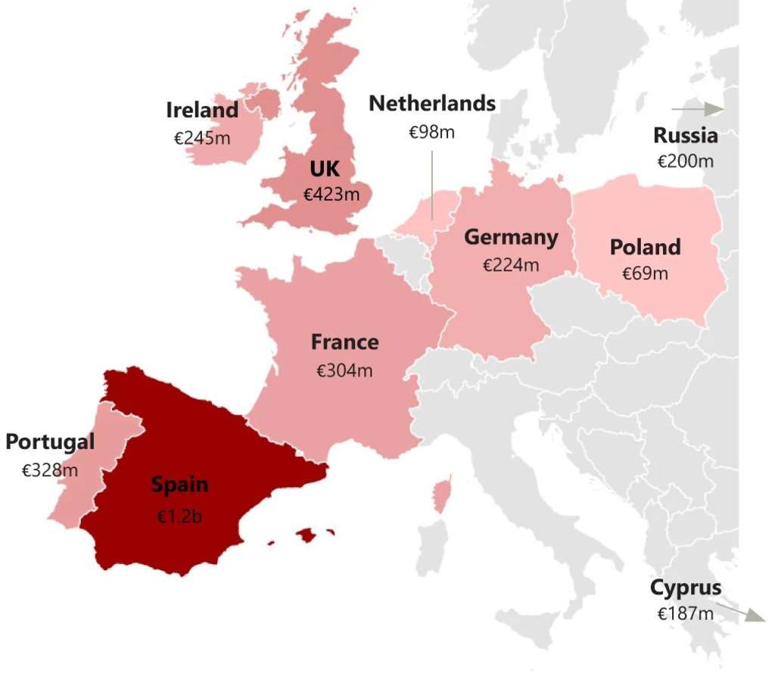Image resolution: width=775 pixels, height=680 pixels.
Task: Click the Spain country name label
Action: [179, 485]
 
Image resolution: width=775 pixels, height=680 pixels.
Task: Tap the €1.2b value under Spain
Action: [179, 516]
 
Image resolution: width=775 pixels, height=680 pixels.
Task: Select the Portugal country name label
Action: [50, 441]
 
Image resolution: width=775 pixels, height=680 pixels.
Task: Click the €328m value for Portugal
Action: [50, 470]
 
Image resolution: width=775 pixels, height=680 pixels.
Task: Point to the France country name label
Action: [344, 342]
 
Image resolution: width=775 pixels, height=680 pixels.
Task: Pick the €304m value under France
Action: [344, 371]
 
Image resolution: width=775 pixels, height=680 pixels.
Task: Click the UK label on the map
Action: [325, 167]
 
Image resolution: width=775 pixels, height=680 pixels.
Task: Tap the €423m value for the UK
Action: [331, 195]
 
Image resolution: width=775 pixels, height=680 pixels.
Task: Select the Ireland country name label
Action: [202, 111]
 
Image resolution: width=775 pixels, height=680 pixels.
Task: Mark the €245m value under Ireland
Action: [202, 139]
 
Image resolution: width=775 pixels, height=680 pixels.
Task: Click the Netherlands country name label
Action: [432, 104]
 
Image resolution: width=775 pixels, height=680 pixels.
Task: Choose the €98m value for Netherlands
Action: [432, 132]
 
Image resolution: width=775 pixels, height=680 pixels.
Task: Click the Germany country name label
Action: [511, 237]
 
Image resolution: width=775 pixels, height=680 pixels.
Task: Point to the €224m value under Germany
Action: [511, 265]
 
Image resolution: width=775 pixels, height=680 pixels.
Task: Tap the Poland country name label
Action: [645, 247]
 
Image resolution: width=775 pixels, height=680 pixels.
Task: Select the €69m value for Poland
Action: [645, 274]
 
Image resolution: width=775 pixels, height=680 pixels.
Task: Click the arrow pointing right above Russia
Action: [698, 110]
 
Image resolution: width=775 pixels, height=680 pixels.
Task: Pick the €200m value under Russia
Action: [685, 161]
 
